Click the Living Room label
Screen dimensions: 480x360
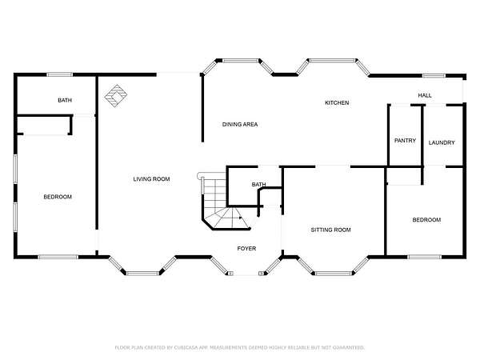click(x=151, y=179)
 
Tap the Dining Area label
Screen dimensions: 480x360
click(x=240, y=124)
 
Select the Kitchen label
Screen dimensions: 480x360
click(x=337, y=103)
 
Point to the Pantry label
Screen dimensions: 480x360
click(x=405, y=141)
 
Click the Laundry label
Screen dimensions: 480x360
click(x=442, y=142)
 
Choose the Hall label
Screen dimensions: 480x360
click(x=425, y=95)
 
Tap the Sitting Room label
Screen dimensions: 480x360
click(x=331, y=230)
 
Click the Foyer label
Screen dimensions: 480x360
click(x=246, y=249)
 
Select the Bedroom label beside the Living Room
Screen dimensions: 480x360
click(x=58, y=197)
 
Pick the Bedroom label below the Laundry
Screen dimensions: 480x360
click(x=426, y=220)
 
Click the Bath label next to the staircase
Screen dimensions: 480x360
click(x=258, y=184)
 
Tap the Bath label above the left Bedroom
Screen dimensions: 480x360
click(x=65, y=100)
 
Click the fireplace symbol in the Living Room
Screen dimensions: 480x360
click(x=116, y=96)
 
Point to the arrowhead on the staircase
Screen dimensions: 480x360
click(x=241, y=218)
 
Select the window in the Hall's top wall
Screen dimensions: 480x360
click(x=434, y=76)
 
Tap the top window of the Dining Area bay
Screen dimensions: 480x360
click(x=240, y=61)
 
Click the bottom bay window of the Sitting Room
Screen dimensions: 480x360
click(x=334, y=273)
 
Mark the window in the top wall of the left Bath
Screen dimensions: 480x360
click(x=60, y=74)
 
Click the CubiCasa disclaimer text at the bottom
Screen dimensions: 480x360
click(x=240, y=347)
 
